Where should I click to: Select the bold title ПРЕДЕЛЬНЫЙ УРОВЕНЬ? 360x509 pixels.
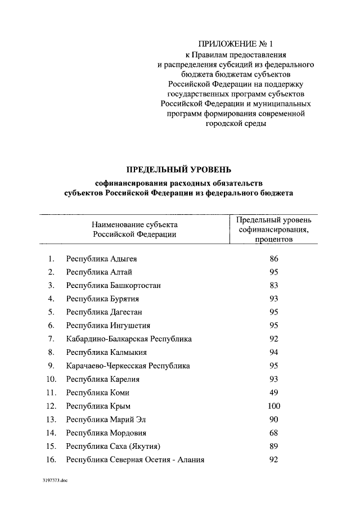click(178, 170)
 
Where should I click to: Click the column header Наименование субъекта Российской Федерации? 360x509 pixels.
click(134, 229)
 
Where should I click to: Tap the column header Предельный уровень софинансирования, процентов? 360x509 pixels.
click(274, 229)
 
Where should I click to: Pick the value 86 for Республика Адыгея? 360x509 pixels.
click(274, 259)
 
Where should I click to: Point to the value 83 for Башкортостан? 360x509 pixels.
click(274, 285)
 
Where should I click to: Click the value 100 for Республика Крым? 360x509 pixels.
click(274, 406)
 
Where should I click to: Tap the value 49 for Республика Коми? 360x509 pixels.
click(274, 393)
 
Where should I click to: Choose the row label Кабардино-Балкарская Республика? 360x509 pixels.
click(129, 339)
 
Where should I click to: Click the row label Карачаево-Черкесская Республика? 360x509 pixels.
click(128, 366)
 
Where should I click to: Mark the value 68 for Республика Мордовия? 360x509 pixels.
click(274, 433)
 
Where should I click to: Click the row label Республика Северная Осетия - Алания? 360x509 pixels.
click(135, 460)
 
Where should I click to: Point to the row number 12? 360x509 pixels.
click(51, 406)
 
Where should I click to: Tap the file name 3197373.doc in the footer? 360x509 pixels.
click(54, 482)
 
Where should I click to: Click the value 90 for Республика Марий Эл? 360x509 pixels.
click(274, 420)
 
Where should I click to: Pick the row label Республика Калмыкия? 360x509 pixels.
click(106, 352)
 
